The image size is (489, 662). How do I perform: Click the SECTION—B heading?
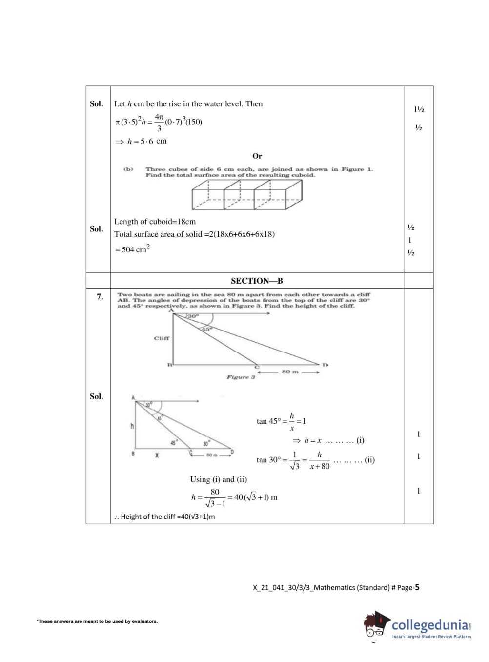click(x=257, y=281)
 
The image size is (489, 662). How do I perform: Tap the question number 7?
click(x=100, y=296)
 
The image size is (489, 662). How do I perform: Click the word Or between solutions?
click(x=257, y=156)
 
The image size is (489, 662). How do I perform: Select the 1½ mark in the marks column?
click(x=418, y=109)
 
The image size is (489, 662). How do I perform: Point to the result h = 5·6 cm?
click(x=141, y=141)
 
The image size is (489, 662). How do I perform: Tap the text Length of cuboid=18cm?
click(x=155, y=222)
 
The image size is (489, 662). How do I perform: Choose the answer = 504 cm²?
click(x=132, y=249)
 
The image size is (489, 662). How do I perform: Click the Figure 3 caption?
click(x=241, y=377)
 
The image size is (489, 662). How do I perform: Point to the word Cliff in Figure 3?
click(x=162, y=338)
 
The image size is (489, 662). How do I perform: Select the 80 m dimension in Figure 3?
click(x=290, y=372)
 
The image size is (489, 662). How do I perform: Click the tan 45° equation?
click(x=281, y=421)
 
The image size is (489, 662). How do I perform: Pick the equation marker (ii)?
click(x=369, y=459)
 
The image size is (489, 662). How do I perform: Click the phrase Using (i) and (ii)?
click(x=218, y=479)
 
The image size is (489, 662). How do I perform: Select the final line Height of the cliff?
click(x=164, y=517)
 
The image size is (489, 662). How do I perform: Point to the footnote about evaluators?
click(x=97, y=621)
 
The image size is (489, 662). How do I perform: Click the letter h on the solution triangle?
click(x=132, y=426)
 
